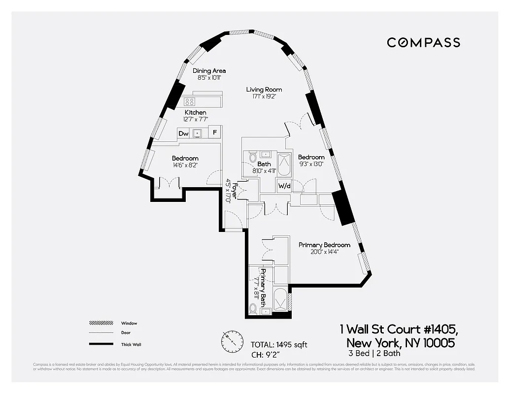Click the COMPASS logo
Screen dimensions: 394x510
pos(423,42)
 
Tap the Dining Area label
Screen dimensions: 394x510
pos(209,71)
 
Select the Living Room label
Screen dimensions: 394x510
pos(264,90)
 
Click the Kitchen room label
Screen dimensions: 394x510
pos(195,113)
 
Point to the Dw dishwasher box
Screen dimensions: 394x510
pos(183,133)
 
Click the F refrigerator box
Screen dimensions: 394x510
pos(214,133)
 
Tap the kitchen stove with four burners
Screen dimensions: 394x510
pos(190,102)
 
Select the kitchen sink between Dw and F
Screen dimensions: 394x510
pos(199,133)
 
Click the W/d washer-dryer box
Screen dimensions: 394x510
pos(284,186)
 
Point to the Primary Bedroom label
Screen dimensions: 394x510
pos(324,245)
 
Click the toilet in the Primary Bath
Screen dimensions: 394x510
pos(253,309)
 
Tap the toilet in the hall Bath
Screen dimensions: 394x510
pos(252,159)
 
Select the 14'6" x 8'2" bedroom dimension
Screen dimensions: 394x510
pos(185,166)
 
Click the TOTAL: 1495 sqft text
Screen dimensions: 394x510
pos(279,344)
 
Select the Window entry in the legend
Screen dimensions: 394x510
pos(129,324)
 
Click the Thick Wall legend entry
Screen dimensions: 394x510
pos(131,345)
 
